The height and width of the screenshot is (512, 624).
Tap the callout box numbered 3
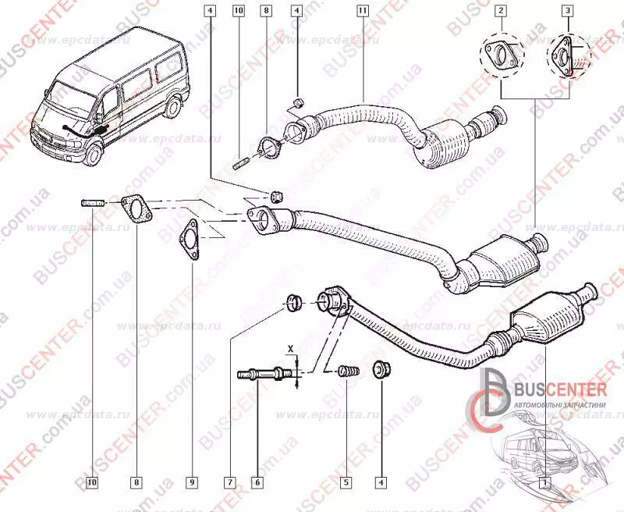[569, 11]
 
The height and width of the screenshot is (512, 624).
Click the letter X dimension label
[290, 347]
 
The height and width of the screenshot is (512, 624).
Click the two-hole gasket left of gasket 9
[136, 208]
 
